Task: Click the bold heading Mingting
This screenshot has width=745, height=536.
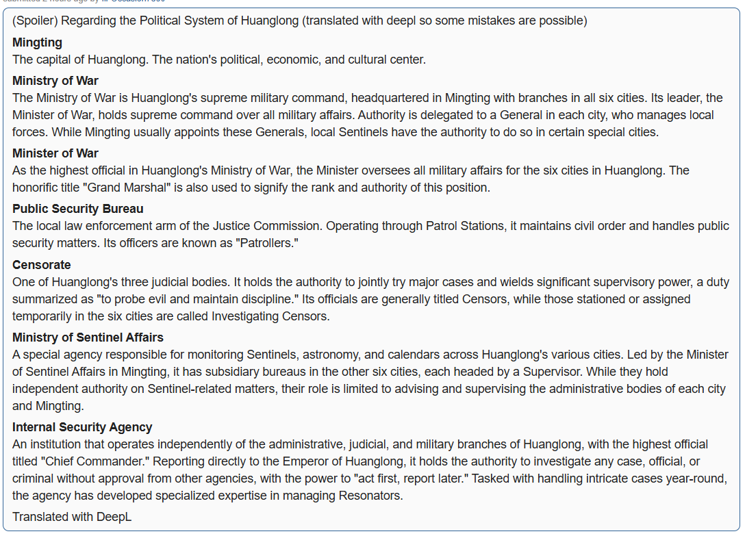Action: tap(37, 42)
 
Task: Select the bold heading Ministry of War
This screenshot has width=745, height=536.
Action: tap(55, 81)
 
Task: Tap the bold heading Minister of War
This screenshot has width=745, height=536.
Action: tap(55, 153)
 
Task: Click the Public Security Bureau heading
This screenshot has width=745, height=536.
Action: tap(78, 209)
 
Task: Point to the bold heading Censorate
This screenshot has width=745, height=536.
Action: tap(42, 265)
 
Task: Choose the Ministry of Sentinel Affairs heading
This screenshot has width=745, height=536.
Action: tap(88, 337)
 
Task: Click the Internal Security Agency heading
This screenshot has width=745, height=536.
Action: tap(82, 427)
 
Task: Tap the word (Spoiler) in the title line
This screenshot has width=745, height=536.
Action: tap(35, 21)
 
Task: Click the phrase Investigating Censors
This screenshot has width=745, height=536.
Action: tap(270, 316)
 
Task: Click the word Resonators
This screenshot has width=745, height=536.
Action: tap(369, 496)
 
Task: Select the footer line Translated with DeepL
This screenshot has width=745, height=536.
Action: tap(72, 517)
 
